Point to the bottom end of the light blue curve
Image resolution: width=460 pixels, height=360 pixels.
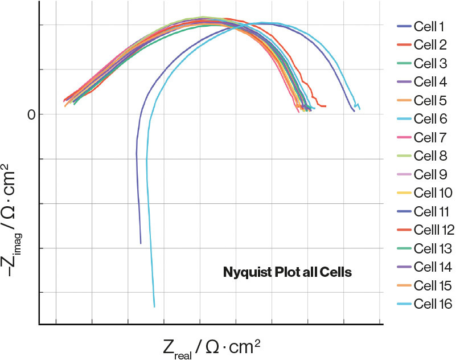154,306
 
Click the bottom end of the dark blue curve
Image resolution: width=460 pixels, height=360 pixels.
141,243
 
